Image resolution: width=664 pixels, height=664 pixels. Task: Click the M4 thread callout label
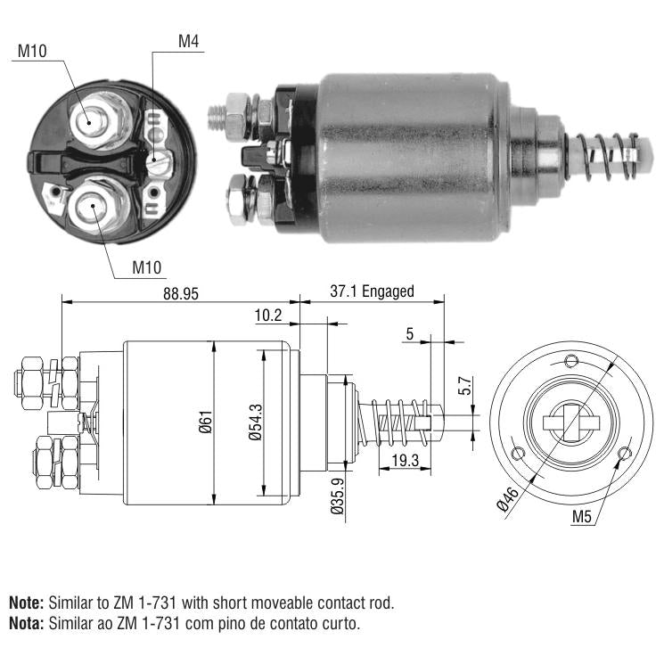188,42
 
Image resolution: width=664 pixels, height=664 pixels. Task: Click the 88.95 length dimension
181,294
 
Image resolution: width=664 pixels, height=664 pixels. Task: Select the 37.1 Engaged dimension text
372,291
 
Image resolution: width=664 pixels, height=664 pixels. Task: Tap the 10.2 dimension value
268,316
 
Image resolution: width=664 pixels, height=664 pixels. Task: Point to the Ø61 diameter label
206,422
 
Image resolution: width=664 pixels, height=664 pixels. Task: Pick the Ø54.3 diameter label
256,422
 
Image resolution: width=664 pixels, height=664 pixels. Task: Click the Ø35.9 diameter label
338,496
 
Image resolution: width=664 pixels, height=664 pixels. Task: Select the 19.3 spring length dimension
405,460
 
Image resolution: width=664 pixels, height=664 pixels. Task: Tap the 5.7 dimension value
465,385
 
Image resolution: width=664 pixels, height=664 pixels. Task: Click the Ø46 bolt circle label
507,499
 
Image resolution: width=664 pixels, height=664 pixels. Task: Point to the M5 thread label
581,517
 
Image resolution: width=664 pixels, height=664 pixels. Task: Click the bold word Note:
26,603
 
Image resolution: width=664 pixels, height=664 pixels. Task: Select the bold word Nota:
26,623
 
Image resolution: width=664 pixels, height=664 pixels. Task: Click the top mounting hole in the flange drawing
571,361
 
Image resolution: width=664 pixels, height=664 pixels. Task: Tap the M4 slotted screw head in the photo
160,161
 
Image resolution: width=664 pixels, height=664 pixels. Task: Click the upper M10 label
32,51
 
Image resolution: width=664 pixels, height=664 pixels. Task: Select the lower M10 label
146,267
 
